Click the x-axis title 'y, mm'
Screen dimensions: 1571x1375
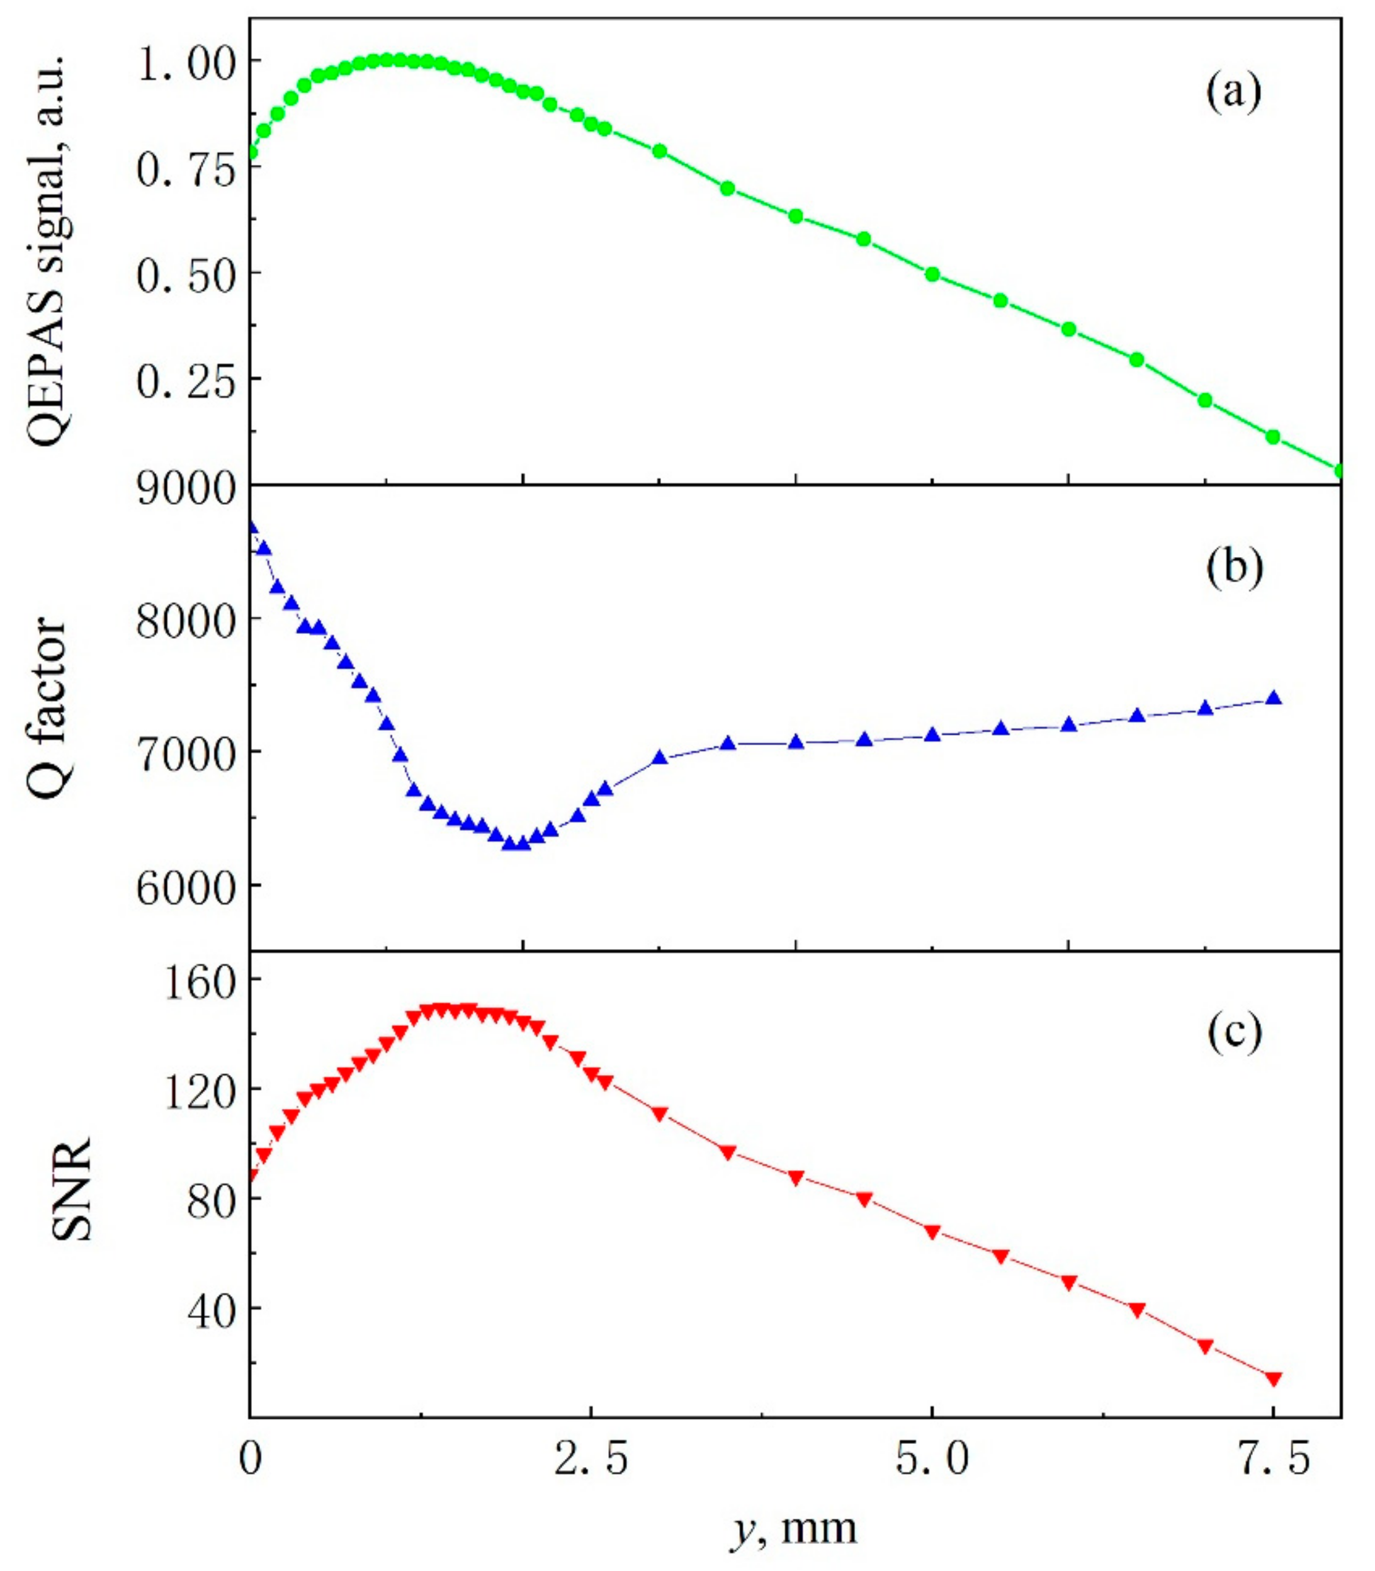point(792,1528)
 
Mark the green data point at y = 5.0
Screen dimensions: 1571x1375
point(932,274)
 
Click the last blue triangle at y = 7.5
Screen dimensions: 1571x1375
point(1273,697)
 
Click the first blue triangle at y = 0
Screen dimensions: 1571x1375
point(252,527)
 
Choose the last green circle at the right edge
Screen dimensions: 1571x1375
point(1340,471)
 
